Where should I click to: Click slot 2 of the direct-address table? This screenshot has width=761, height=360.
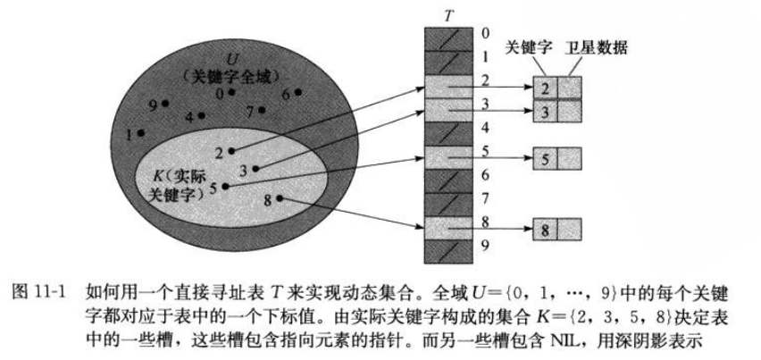(446, 86)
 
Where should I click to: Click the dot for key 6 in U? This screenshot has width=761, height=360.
(298, 92)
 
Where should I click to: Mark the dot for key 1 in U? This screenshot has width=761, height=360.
(142, 133)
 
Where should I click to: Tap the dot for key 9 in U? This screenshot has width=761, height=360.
(165, 104)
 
